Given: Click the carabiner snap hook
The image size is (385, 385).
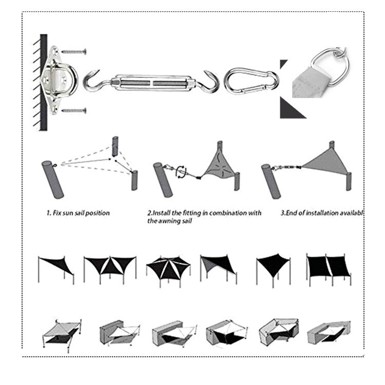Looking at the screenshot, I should pos(252,80).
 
